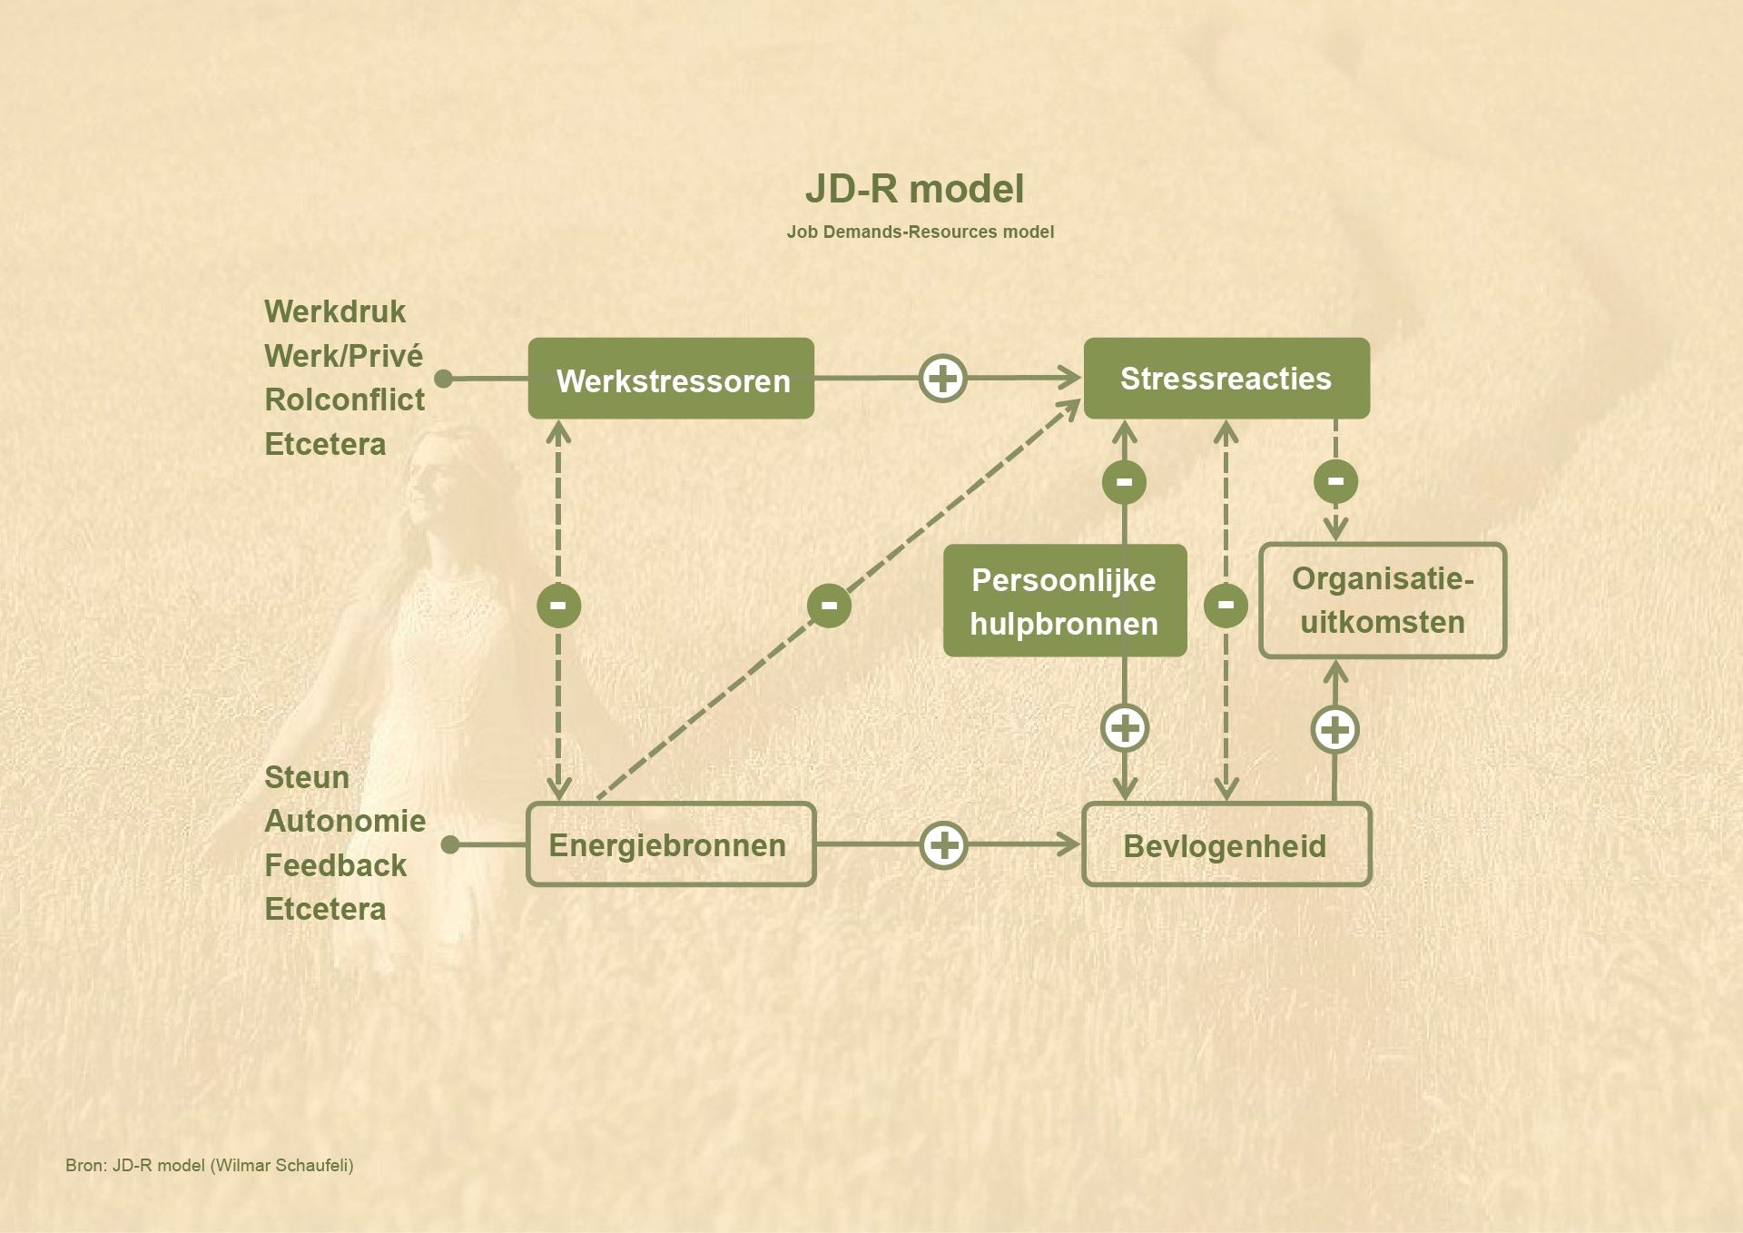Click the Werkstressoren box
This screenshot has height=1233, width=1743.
tap(671, 379)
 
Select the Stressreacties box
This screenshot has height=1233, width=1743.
tap(1226, 379)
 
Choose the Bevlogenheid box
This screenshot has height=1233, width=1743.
tap(1226, 844)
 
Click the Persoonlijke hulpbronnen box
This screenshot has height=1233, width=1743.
tap(1065, 601)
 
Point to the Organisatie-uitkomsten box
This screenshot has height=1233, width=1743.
tap(1383, 601)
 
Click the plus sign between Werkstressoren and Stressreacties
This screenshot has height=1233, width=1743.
tap(943, 378)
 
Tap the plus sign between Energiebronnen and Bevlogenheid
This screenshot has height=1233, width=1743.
tap(944, 845)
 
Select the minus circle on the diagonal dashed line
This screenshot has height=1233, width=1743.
tap(829, 606)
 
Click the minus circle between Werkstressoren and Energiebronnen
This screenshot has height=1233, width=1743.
tap(558, 606)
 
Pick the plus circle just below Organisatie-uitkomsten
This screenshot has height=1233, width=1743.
tap(1334, 730)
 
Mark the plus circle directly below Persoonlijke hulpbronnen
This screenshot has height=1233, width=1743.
tap(1125, 728)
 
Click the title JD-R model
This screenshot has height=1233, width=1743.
tap(914, 189)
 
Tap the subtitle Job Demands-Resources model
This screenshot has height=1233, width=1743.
tap(920, 232)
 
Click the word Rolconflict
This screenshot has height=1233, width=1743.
tap(344, 399)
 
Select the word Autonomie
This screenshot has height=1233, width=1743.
tap(345, 821)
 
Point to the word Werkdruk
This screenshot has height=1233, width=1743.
tap(335, 311)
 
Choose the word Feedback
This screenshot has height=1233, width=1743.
tap(335, 865)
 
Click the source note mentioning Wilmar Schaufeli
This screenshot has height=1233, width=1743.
tap(210, 1165)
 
